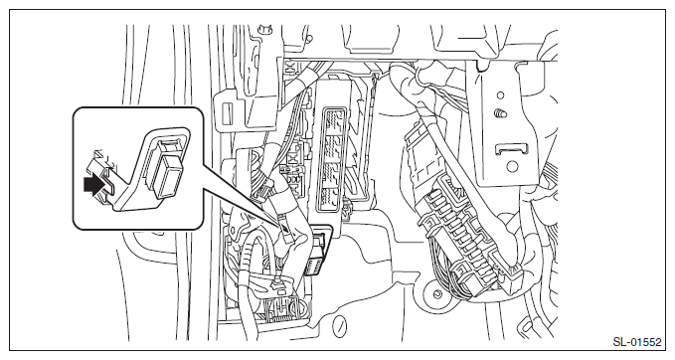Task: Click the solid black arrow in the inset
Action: (94, 185)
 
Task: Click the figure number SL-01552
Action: (636, 342)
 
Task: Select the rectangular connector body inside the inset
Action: (168, 176)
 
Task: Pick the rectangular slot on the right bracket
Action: (511, 149)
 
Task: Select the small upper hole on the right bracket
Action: (500, 95)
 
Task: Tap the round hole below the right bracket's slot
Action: (511, 166)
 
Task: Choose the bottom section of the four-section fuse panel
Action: (332, 199)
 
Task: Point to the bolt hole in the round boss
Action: (437, 294)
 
